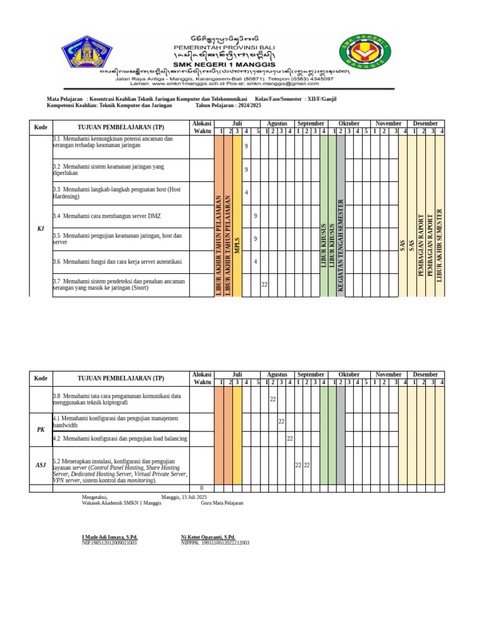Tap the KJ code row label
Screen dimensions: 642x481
click(x=41, y=228)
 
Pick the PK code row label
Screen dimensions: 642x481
click(x=41, y=429)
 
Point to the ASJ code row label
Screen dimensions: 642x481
click(x=41, y=465)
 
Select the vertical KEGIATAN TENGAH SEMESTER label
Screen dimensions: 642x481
click(x=341, y=245)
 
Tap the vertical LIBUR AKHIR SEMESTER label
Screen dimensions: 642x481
click(x=440, y=245)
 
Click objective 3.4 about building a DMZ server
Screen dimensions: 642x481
click(x=107, y=216)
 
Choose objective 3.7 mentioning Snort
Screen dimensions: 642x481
click(x=119, y=285)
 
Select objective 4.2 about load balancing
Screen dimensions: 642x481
click(x=120, y=438)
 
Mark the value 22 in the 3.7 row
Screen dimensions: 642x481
click(x=264, y=285)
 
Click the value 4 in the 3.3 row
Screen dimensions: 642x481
click(x=246, y=192)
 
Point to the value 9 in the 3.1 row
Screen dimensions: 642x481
click(x=246, y=146)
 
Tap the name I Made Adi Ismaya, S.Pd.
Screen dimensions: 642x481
click(x=110, y=537)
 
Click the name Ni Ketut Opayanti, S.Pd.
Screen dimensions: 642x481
click(x=208, y=537)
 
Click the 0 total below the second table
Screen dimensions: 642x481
click(x=202, y=488)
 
